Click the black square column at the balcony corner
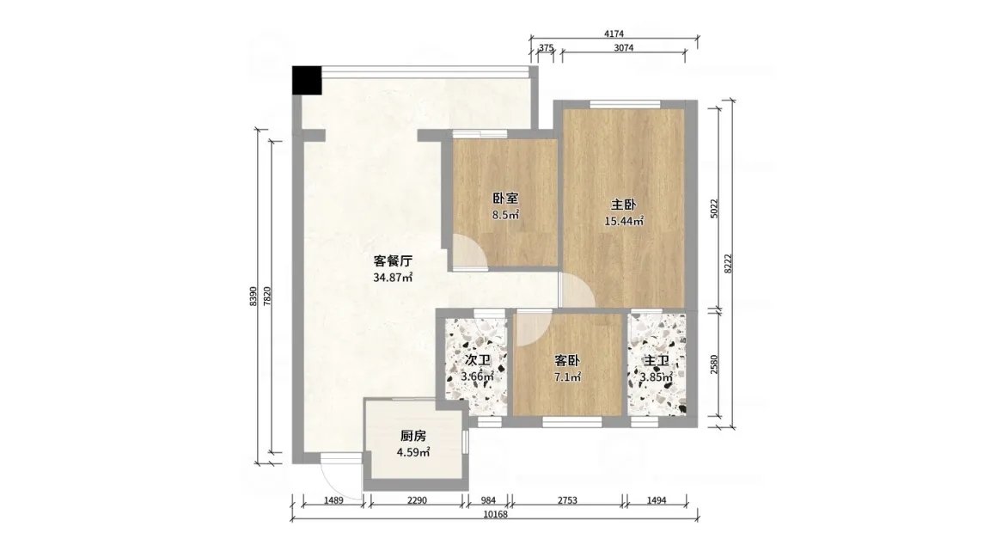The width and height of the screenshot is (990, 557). pyautogui.click(x=306, y=80)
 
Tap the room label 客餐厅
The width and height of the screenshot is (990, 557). pyautogui.click(x=393, y=260)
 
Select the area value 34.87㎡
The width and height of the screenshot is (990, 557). pyautogui.click(x=393, y=278)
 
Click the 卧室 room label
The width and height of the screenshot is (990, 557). pyautogui.click(x=505, y=199)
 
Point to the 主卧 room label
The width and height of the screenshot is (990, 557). pyautogui.click(x=623, y=205)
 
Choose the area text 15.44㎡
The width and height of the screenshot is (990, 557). pyautogui.click(x=624, y=221)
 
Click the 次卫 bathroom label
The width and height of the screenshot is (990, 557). pyautogui.click(x=477, y=361)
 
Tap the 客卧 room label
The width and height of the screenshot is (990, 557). pyautogui.click(x=567, y=361)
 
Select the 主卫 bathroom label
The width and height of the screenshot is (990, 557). pyautogui.click(x=656, y=361)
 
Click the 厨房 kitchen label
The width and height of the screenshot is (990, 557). pyautogui.click(x=413, y=436)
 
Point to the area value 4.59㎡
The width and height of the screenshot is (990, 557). pyautogui.click(x=413, y=452)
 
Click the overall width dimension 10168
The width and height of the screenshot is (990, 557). pyautogui.click(x=495, y=514)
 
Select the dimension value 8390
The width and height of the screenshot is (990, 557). pyautogui.click(x=254, y=297)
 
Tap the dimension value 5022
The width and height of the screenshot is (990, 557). pyautogui.click(x=714, y=208)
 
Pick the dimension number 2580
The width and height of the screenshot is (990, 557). pyautogui.click(x=714, y=364)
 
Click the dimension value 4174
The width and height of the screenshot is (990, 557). pyautogui.click(x=614, y=34)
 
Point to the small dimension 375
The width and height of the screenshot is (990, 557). pyautogui.click(x=547, y=47)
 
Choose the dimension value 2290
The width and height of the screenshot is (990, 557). pyautogui.click(x=417, y=501)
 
